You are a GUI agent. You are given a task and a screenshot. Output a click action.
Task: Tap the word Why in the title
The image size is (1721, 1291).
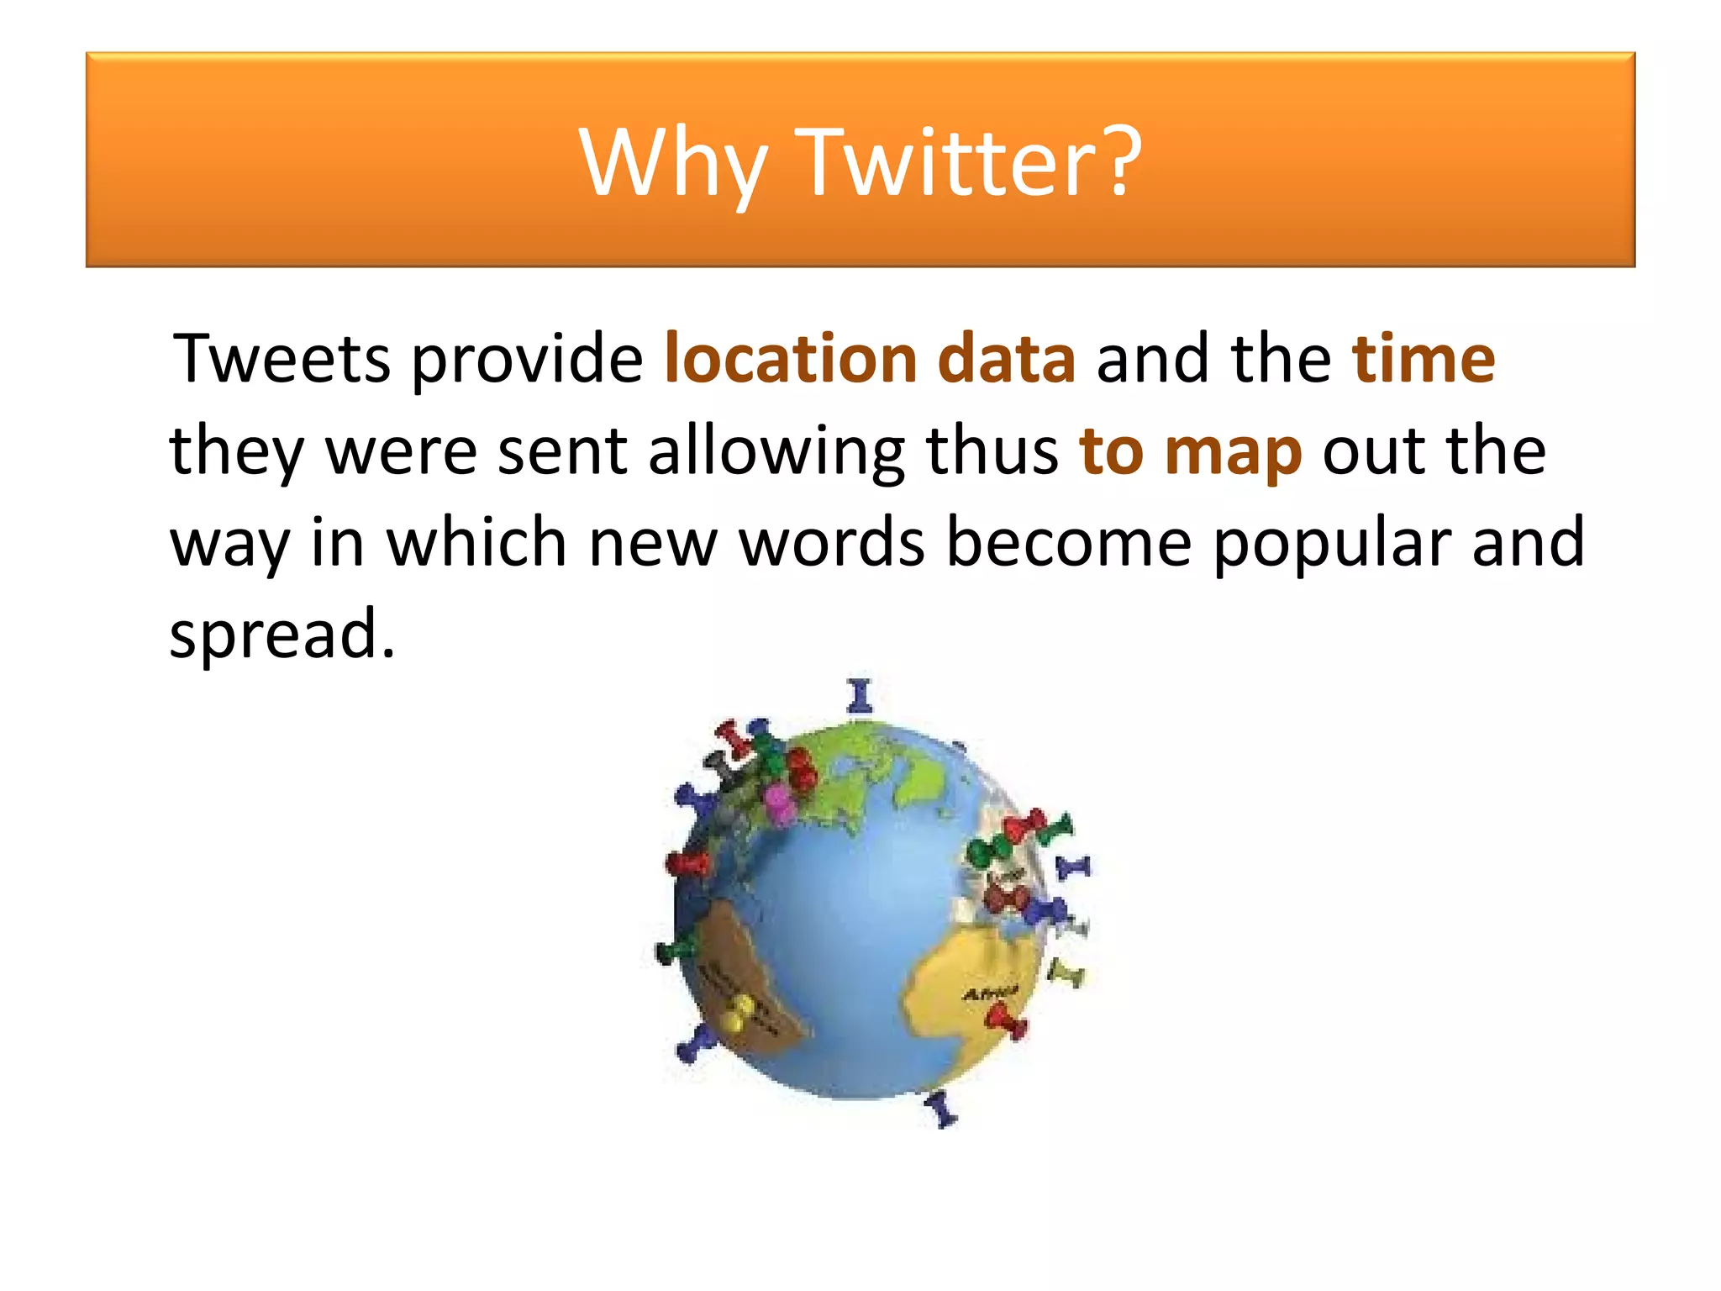pyautogui.click(x=672, y=164)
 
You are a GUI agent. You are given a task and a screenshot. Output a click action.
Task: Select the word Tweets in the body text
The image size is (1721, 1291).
pyautogui.click(x=282, y=359)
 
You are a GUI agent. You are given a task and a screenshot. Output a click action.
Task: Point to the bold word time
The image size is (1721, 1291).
pyautogui.click(x=1424, y=359)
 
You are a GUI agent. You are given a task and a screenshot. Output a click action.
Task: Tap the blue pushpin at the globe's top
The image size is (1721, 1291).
pyautogui.click(x=859, y=697)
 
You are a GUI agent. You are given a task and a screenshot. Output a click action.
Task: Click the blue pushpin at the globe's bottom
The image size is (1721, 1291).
pyautogui.click(x=941, y=1109)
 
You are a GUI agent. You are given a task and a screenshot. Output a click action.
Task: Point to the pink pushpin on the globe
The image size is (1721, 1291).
pyautogui.click(x=779, y=803)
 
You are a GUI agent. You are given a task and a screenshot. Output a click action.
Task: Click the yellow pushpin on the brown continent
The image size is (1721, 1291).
pyautogui.click(x=737, y=1012)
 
